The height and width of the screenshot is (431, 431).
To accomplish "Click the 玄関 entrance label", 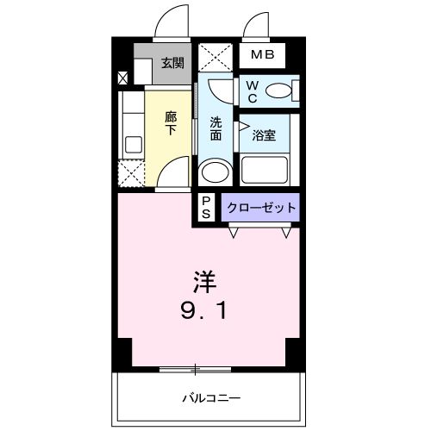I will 172,62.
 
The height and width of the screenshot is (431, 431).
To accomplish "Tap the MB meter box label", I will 263,56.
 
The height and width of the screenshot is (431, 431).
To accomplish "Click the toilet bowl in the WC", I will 280,89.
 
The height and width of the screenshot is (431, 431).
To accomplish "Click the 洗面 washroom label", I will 216,128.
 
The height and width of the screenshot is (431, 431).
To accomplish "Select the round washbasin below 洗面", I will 214,172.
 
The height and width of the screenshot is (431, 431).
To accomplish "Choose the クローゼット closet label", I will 261,207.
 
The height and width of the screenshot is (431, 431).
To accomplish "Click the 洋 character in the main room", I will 203,282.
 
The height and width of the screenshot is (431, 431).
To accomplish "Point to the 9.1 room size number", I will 203,309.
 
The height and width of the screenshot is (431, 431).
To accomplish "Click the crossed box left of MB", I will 215,57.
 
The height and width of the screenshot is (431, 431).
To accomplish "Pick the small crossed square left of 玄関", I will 122,78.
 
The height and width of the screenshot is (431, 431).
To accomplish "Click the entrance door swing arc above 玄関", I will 172,22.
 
